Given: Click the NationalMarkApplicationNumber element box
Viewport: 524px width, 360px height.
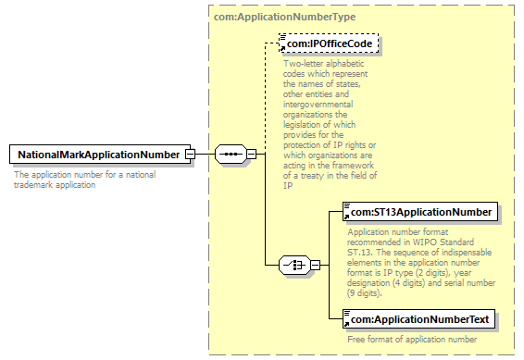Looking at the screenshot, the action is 100,155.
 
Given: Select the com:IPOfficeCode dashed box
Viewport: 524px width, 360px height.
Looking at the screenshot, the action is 329,43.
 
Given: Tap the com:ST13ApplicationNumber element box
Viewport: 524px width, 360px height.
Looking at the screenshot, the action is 420,212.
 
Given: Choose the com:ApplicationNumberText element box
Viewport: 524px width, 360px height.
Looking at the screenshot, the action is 418,319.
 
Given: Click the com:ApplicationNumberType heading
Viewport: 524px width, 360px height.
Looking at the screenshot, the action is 285,17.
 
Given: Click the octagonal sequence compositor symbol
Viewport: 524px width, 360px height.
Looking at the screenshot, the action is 231,154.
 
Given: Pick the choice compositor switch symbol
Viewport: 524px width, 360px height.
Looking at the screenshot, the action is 294,266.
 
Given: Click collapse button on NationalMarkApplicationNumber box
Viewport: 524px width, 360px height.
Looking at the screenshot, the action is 190,155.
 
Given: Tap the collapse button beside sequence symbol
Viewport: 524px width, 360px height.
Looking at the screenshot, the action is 251,154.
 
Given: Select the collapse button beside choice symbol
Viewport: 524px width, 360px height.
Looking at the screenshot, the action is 315,266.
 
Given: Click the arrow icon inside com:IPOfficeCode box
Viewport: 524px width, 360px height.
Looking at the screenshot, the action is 282,49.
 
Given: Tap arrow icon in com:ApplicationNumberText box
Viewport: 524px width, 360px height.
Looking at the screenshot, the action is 346,325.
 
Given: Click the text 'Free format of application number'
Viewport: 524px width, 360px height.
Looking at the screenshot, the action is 412,340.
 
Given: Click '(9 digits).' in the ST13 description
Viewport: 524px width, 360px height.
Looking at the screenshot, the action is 365,293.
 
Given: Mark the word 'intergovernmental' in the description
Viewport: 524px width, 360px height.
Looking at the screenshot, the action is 318,105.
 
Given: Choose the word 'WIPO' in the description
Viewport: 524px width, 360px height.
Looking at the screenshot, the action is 424,242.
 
